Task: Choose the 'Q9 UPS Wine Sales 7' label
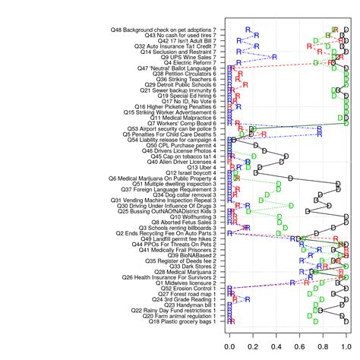[x=188, y=56]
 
